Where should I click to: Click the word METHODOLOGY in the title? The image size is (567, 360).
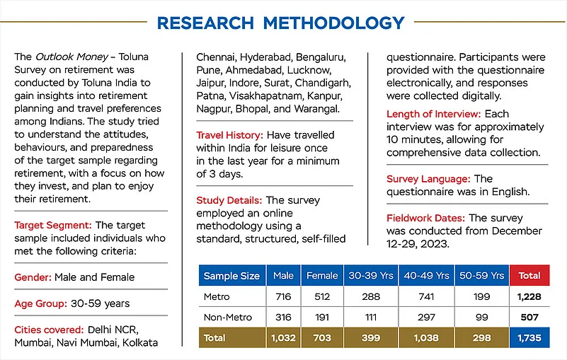[x=333, y=22]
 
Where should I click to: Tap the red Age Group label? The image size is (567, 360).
[x=40, y=303]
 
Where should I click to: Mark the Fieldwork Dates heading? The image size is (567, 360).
[x=426, y=218]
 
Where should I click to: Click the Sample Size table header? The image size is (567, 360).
[x=231, y=275]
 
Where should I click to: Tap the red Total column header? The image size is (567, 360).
[x=529, y=275]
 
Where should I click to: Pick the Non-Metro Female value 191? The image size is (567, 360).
[x=322, y=318]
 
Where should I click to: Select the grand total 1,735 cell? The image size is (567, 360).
[x=529, y=339]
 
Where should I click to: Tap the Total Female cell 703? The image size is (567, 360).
[x=322, y=339]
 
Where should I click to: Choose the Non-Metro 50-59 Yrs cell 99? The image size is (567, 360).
[x=482, y=318]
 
